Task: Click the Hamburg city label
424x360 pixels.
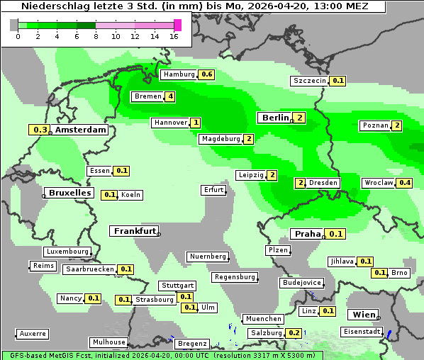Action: click(179, 74)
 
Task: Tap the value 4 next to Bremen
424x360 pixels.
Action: click(170, 96)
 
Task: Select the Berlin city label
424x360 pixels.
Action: click(275, 118)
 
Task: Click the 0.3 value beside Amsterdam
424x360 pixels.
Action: click(40, 130)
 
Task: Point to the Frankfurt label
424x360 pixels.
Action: click(134, 231)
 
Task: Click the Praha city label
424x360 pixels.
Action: click(307, 234)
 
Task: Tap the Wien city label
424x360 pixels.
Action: click(362, 314)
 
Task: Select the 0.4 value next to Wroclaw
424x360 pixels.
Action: click(405, 183)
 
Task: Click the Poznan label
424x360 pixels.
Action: click(375, 126)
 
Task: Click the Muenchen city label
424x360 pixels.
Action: click(263, 319)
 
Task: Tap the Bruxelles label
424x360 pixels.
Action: click(69, 193)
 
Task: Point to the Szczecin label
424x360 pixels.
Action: click(310, 81)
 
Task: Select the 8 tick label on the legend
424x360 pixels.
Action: click(96, 36)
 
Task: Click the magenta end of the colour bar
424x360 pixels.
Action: click(177, 25)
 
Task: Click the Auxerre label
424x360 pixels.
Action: click(33, 333)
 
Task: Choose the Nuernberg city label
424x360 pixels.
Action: click(208, 257)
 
